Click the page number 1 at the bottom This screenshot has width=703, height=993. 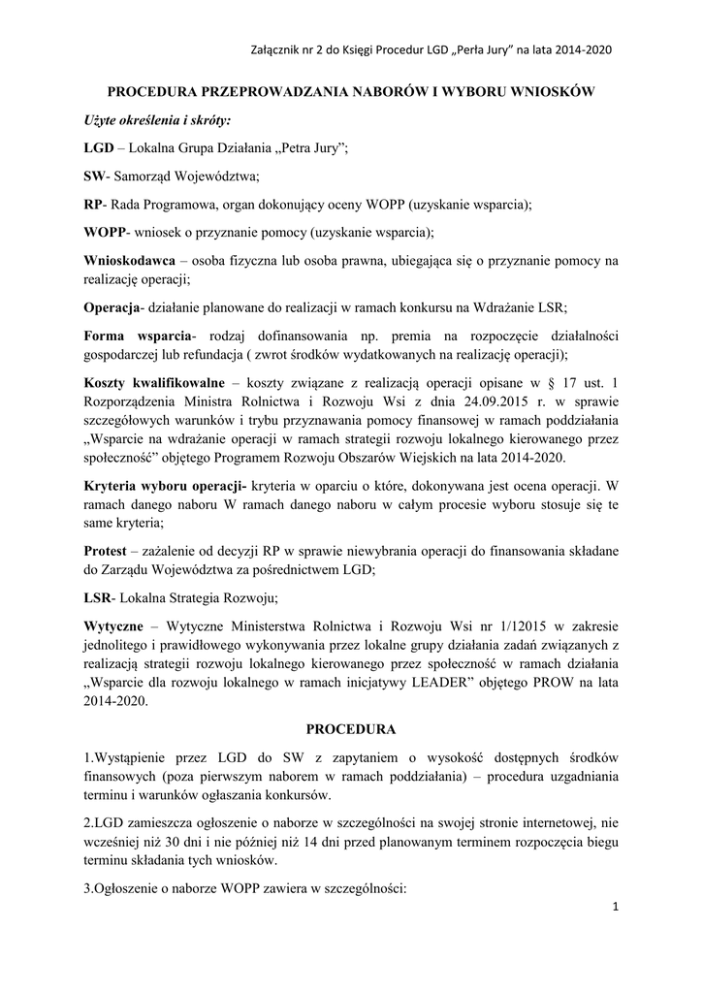pos(616,907)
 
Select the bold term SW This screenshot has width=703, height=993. pos(93,176)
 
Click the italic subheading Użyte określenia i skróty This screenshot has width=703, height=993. pos(157,121)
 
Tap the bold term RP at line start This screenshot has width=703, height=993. pos(93,205)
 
